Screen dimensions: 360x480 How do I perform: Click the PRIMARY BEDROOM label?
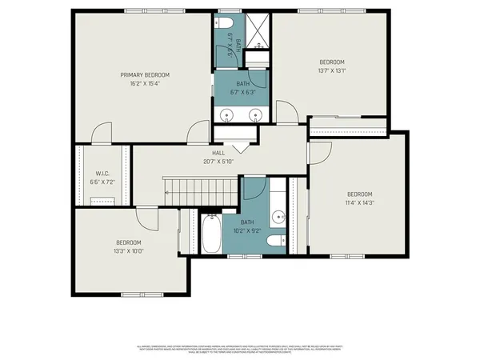(x=145, y=75)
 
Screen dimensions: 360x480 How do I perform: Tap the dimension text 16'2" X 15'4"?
(x=145, y=83)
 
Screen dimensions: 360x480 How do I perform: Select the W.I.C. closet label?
(x=102, y=174)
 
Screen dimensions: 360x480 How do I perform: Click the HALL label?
(x=218, y=153)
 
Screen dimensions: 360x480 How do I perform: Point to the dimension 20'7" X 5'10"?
(x=218, y=160)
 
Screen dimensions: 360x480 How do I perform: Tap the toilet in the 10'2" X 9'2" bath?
(x=274, y=240)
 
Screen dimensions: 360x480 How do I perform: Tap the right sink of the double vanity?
(x=256, y=114)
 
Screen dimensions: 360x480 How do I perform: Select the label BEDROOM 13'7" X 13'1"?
(x=332, y=66)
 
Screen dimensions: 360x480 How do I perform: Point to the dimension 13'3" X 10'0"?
(x=128, y=250)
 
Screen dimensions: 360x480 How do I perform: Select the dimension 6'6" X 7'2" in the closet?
(x=102, y=182)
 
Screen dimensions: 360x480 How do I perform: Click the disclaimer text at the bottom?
(x=240, y=349)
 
